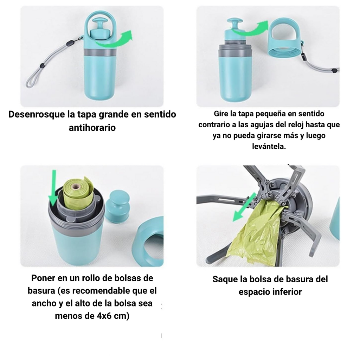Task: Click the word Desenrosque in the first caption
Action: tap(37, 115)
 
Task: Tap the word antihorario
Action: tap(92, 128)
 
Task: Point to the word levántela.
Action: tap(269, 146)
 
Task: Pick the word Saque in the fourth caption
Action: tap(225, 279)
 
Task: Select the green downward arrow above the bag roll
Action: tap(53, 188)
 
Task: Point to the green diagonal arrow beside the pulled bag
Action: tap(245, 207)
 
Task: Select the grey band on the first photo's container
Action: tap(99, 52)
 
